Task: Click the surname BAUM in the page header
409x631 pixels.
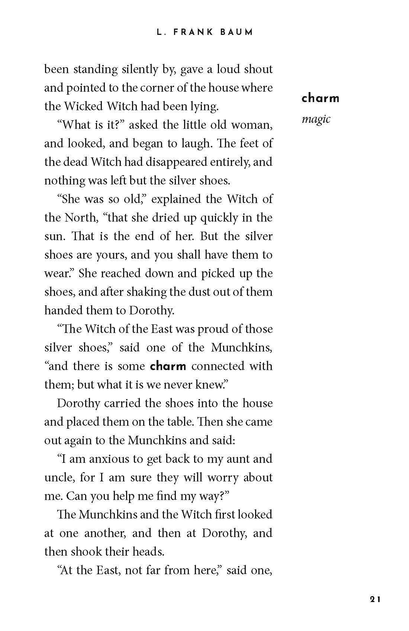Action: tap(237, 32)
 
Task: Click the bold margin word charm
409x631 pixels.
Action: tap(321, 98)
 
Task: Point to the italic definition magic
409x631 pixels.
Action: tap(316, 119)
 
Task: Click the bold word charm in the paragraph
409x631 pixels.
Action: tap(168, 366)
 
